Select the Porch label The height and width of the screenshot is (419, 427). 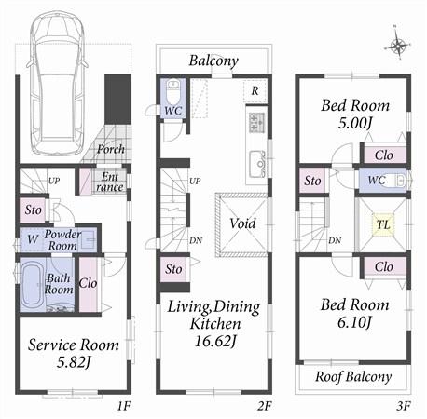coord(110,149)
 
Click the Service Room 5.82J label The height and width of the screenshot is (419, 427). coord(73,352)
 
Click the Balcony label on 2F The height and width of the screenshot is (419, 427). coord(213,61)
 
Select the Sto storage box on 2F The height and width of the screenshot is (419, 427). coord(174,270)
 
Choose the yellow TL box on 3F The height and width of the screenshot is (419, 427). coord(383,224)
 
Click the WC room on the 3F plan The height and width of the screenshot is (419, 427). coord(377,179)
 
